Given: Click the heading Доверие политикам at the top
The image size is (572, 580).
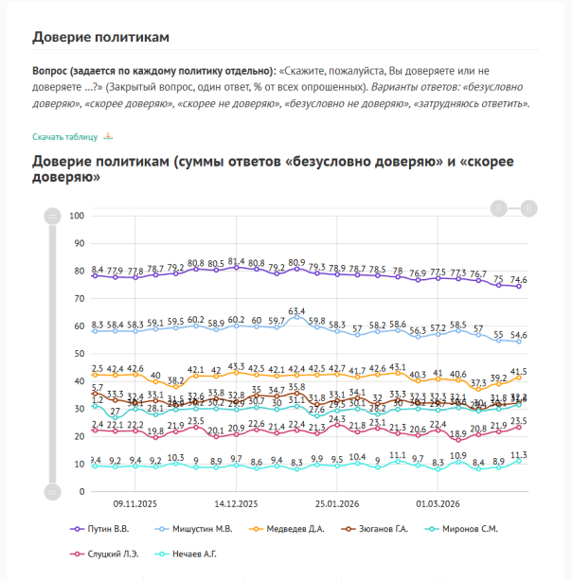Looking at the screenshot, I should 100,37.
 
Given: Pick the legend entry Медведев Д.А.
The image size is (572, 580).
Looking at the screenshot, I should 297,529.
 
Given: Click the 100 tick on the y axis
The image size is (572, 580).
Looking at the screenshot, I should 79,216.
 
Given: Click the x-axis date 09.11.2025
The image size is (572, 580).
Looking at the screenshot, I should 134,505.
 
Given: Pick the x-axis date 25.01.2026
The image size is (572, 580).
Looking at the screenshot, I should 337,505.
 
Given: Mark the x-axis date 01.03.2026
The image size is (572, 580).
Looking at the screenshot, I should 438,505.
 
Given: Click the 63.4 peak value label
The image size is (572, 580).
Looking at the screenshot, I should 297,310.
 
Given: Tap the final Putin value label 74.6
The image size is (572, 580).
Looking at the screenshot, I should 519,279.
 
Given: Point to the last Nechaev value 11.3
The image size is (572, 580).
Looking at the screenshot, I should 519,455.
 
